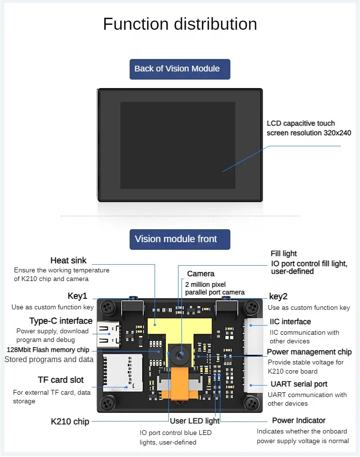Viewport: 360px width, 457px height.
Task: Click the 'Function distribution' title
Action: [x=180, y=24]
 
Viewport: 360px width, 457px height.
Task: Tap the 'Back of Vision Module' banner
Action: [x=180, y=69]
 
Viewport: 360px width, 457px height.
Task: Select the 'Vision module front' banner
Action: [x=180, y=239]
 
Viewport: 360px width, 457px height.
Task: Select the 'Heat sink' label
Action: [x=68, y=260]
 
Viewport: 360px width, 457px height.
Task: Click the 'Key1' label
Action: [x=77, y=296]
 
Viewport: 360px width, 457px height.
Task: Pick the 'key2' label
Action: [x=278, y=296]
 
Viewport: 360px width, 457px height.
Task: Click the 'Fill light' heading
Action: [x=284, y=254]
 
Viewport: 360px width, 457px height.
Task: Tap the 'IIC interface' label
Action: [x=290, y=321]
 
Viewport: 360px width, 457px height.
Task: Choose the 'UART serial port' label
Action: [x=299, y=384]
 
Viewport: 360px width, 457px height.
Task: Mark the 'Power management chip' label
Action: [x=309, y=352]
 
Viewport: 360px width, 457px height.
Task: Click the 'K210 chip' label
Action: [x=70, y=422]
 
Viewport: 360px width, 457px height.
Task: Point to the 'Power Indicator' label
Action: [x=299, y=421]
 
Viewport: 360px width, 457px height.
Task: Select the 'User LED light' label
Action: [x=194, y=421]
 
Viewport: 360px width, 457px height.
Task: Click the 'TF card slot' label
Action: [x=60, y=380]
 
